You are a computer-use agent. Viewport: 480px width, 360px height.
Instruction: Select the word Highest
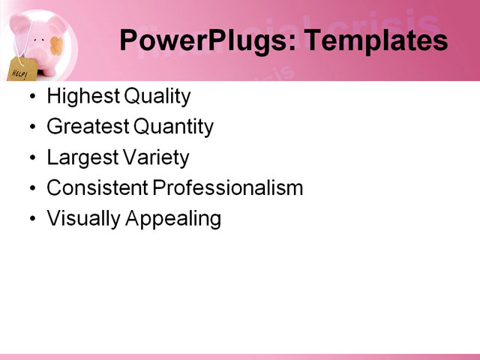(83, 97)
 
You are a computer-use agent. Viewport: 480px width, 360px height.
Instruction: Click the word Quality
(157, 97)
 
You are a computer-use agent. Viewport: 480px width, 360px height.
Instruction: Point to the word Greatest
(88, 127)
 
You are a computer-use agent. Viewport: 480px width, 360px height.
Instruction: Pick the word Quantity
(173, 127)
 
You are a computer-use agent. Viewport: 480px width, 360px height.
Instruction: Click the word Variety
(156, 158)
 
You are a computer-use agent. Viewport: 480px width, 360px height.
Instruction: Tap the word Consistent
(97, 187)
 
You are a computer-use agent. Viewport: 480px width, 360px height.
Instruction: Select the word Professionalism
(228, 187)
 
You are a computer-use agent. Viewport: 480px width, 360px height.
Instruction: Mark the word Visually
(83, 219)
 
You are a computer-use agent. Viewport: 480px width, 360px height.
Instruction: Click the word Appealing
(173, 219)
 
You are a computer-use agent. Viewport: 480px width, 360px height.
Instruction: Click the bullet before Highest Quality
(33, 97)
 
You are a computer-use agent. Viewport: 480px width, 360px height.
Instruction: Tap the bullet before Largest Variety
(33, 158)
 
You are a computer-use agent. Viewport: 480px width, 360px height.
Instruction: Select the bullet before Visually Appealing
(33, 219)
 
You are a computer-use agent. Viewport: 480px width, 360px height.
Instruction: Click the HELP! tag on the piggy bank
(22, 70)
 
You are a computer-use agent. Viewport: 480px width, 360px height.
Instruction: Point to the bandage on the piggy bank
(57, 46)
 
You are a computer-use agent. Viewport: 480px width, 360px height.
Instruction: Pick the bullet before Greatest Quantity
(33, 127)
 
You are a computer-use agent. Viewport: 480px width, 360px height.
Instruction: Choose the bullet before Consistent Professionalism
(33, 188)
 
